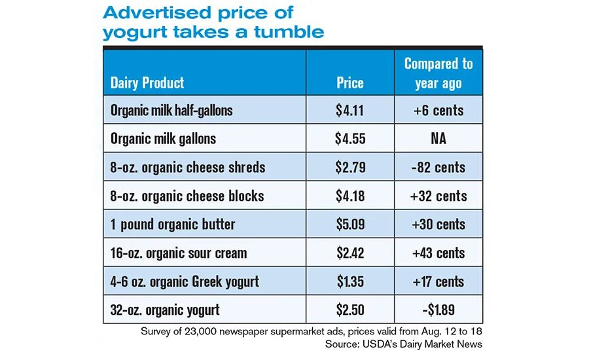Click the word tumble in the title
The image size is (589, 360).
pos(290,31)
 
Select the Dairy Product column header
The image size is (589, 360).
pos(147,82)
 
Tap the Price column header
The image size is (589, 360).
pos(349,82)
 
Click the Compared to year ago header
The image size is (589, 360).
pos(438,73)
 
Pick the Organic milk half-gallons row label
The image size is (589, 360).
pos(171,110)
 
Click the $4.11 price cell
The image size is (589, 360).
pos(349,110)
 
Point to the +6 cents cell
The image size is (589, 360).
pos(438,110)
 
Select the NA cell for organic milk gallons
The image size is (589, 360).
pos(438,139)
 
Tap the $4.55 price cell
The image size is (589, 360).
pos(349,139)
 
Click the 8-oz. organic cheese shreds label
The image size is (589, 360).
pos(188,167)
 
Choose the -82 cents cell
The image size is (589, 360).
pos(438,167)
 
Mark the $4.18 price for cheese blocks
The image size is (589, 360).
pos(349,196)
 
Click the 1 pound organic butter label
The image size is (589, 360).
pos(173,225)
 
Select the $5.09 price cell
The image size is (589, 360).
pos(349,225)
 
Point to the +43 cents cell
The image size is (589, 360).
pos(438,253)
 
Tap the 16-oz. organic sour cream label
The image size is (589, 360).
pos(179,253)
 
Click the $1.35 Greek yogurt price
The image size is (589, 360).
pos(349,281)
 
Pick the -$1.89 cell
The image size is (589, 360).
pos(438,310)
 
